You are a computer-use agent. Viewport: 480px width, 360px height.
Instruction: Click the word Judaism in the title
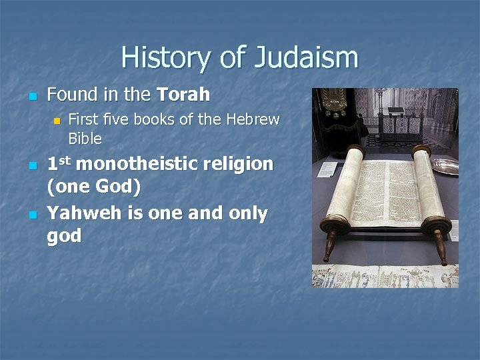click(x=306, y=58)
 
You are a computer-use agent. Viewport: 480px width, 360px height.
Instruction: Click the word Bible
click(x=85, y=139)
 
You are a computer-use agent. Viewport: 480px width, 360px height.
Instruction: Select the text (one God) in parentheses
click(x=93, y=187)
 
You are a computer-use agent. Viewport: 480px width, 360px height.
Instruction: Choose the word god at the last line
click(x=64, y=236)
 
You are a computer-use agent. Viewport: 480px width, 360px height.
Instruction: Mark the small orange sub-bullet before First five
click(x=57, y=121)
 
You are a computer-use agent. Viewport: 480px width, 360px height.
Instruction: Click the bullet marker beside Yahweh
click(x=31, y=215)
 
